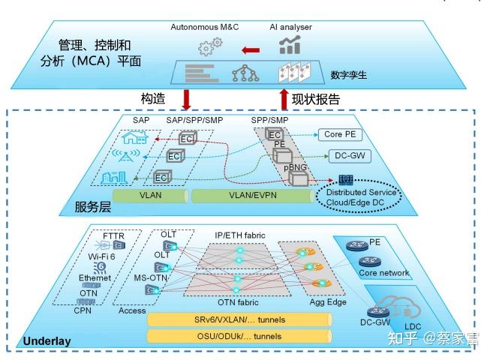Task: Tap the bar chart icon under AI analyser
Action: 290,45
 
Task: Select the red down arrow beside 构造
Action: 187,99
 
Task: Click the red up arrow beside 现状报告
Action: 284,99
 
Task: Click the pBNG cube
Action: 298,178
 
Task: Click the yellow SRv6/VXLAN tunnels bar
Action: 239,319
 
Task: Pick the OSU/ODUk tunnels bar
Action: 239,335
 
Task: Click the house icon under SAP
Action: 135,136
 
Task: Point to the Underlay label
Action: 47,341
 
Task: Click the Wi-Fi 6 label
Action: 102,256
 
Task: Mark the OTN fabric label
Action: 239,302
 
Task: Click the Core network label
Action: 383,274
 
